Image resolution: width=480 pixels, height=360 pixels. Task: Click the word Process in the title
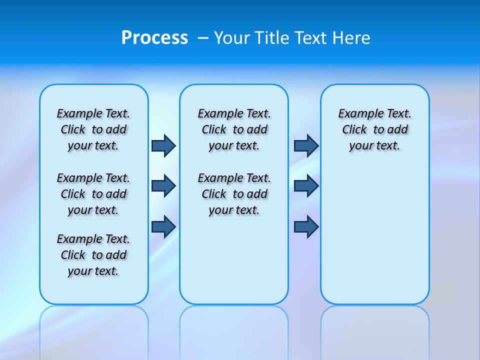click(154, 37)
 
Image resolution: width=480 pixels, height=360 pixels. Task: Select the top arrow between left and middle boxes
click(163, 145)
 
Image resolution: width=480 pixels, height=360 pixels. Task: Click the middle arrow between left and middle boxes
click(163, 186)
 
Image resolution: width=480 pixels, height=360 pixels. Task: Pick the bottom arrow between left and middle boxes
click(163, 226)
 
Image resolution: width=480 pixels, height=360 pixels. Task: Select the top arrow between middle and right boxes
click(306, 145)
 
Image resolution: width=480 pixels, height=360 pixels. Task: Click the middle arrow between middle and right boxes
click(306, 186)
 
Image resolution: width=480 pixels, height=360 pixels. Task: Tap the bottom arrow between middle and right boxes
click(306, 226)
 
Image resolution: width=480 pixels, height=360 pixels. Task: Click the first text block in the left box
click(93, 129)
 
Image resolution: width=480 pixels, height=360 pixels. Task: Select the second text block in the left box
click(93, 194)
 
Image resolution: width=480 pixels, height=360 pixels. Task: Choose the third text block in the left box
click(93, 255)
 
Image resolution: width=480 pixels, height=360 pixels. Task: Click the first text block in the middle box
click(234, 129)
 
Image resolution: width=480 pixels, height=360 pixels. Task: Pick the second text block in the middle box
click(234, 194)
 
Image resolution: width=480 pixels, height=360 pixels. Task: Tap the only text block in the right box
click(374, 129)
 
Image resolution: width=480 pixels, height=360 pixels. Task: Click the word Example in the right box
click(357, 114)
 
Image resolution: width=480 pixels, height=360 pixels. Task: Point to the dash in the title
click(203, 38)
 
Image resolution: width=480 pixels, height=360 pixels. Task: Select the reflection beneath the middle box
click(234, 330)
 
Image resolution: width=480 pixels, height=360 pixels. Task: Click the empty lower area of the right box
click(374, 240)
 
